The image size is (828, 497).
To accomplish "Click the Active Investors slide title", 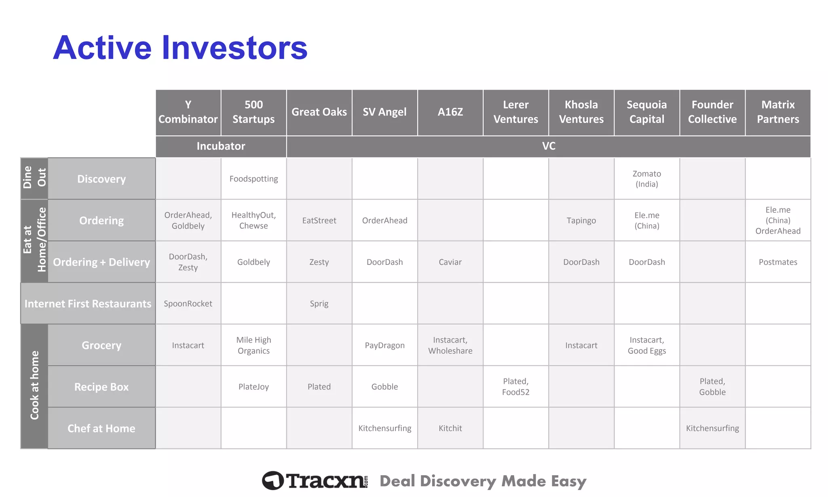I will pos(180,48).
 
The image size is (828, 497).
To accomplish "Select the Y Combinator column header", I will pos(188,112).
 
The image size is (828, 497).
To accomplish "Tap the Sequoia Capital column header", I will pos(646,112).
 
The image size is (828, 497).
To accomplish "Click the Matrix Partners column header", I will pos(777,112).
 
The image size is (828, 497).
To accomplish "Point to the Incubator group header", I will pos(221,146).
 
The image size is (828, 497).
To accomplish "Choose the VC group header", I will pos(548,146).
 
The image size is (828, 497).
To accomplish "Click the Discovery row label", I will pos(101,179).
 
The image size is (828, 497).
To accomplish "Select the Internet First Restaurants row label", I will pos(88,304).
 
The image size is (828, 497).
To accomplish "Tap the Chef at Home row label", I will pos(101,428).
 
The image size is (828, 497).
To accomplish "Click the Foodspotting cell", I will pos(253,179).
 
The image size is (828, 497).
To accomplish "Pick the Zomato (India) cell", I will pos(646,179).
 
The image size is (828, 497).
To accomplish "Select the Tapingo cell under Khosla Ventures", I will pos(581,220).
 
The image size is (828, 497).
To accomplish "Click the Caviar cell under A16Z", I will pos(450,262).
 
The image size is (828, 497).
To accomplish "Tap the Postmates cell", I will pos(777,262).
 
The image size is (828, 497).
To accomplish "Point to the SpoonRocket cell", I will pos(188,304).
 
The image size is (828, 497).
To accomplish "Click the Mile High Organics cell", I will pos(253,345).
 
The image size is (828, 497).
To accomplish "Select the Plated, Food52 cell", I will pos(515,387).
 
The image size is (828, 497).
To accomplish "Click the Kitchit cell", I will pos(450,428).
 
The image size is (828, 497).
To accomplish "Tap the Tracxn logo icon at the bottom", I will pos(273,480).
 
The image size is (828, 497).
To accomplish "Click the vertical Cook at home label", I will pos(34,385).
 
